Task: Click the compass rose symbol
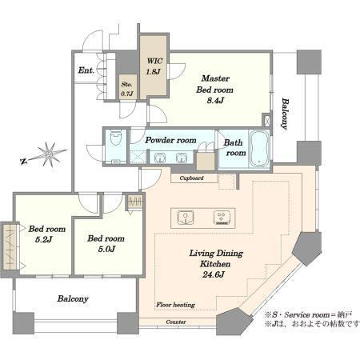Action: [48, 154]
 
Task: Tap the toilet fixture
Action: [116, 137]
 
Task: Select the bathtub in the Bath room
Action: [259, 149]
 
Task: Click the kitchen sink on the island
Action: [186, 218]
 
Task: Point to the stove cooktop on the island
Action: [222, 218]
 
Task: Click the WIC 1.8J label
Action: [154, 66]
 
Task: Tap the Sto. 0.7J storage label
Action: [127, 89]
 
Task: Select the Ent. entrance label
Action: [86, 70]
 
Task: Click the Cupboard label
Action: [191, 178]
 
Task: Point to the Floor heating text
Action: [175, 305]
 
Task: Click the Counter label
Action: [176, 322]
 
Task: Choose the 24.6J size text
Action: [214, 274]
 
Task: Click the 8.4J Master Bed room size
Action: [215, 101]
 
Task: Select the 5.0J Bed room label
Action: [106, 249]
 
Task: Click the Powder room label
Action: [170, 140]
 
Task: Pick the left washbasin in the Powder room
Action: [159, 158]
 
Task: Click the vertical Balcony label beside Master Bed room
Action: [285, 114]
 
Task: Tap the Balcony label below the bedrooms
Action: [73, 298]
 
